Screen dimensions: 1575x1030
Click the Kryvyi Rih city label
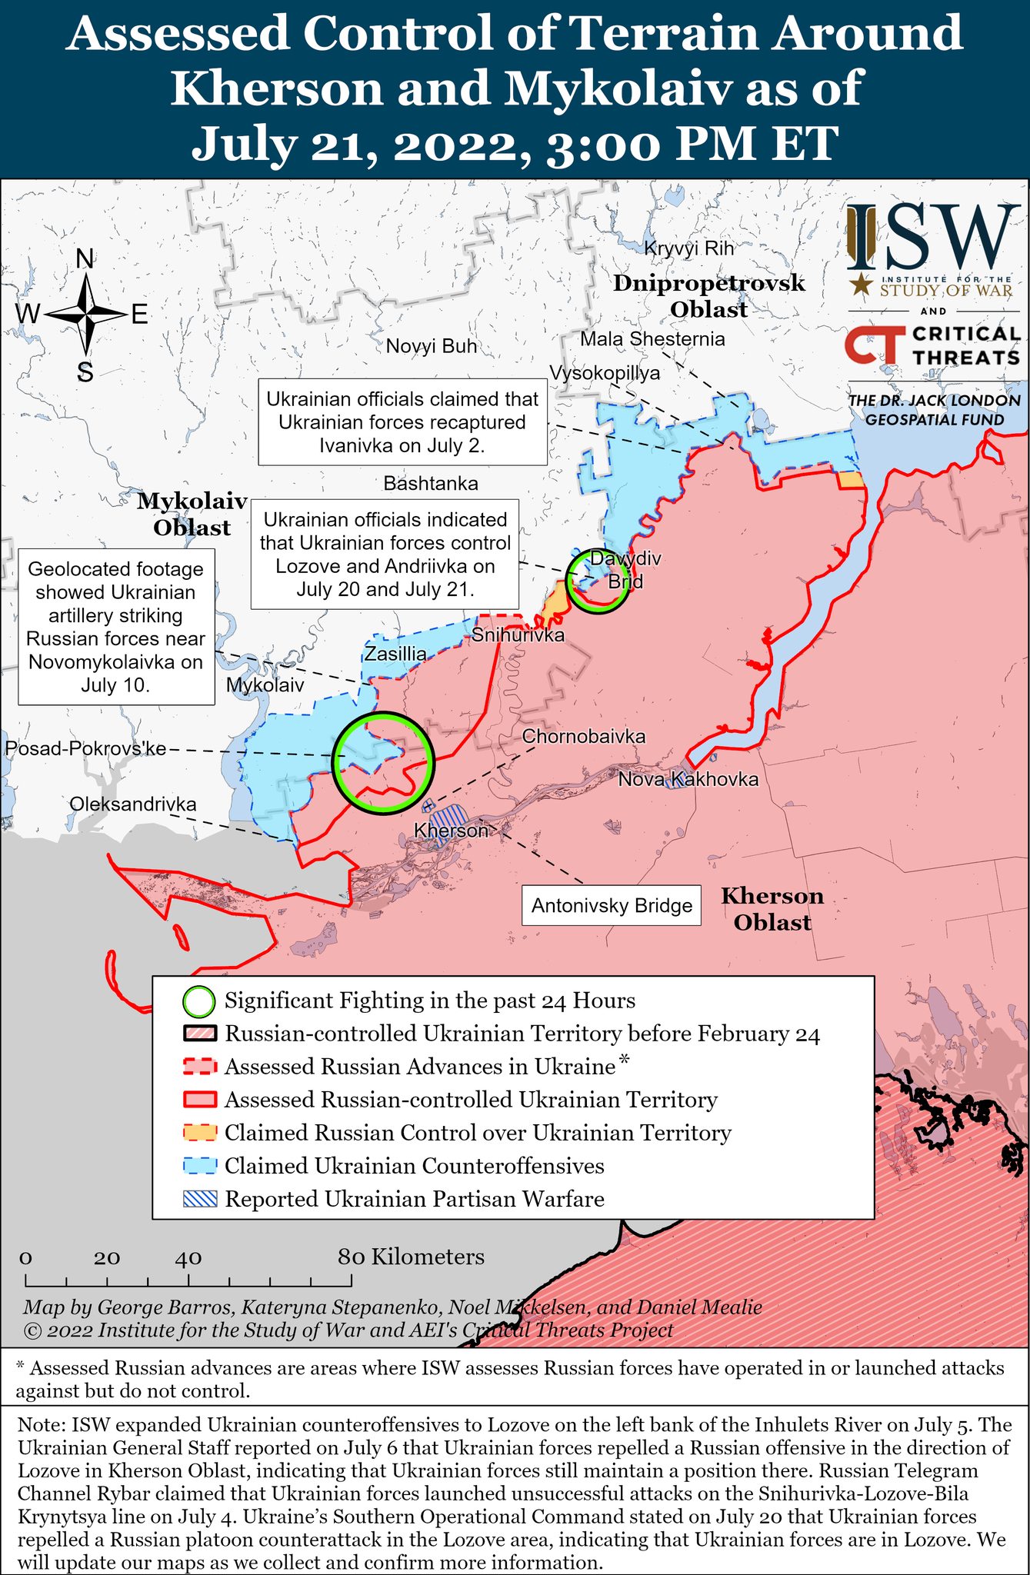(688, 248)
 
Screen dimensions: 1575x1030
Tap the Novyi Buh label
(432, 346)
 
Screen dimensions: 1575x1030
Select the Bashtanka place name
(431, 483)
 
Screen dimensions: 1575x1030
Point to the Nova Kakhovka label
(688, 779)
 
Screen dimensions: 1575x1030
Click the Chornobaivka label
(584, 737)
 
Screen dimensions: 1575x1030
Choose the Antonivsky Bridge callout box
(612, 906)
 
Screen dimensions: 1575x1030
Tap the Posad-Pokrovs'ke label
(85, 749)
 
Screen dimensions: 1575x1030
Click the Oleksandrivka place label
(133, 804)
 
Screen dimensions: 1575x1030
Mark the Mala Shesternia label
(652, 339)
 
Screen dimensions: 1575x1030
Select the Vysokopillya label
(605, 373)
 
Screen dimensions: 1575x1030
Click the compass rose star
(85, 315)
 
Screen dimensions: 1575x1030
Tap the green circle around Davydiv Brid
(597, 581)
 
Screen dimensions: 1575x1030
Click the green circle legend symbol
(199, 1001)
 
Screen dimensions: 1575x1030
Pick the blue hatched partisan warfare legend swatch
(200, 1199)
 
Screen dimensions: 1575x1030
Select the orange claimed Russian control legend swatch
(200, 1133)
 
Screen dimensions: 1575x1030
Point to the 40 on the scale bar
(188, 1258)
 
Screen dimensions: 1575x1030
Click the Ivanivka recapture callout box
(402, 422)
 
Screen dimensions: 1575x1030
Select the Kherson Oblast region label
(772, 909)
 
